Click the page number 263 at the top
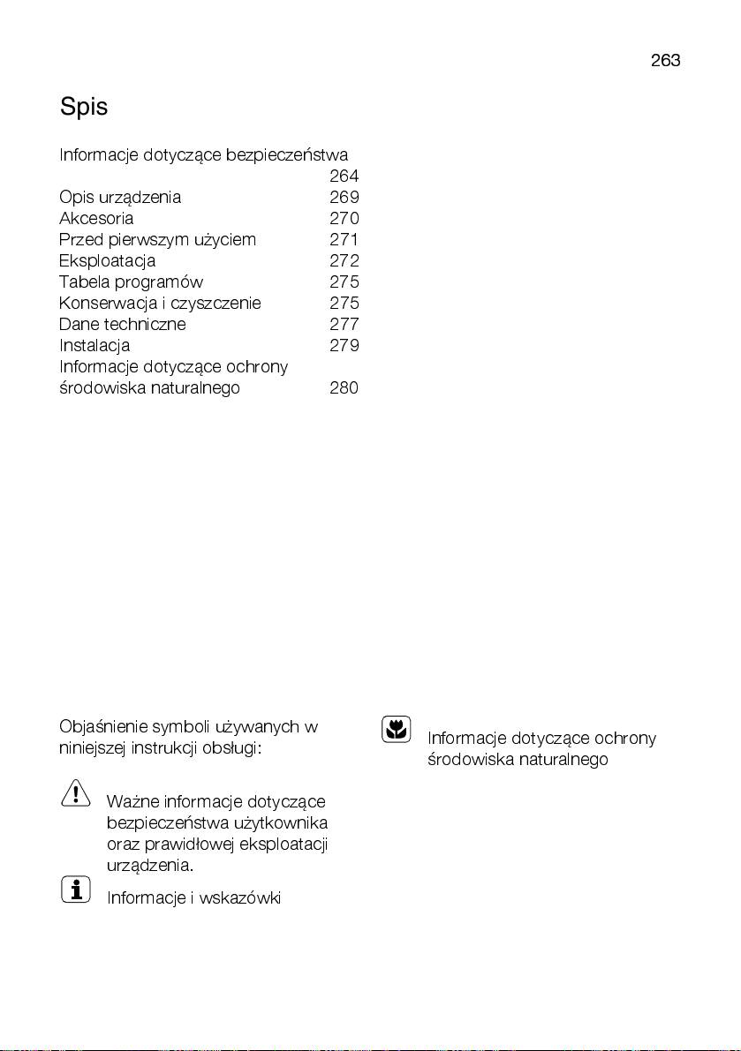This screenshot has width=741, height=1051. (665, 61)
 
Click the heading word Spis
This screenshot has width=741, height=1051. (84, 108)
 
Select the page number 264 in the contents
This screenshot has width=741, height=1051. (344, 176)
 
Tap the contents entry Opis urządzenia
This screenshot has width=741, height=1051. (120, 198)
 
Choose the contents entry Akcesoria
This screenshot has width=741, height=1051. (96, 219)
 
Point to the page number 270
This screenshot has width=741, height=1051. (344, 219)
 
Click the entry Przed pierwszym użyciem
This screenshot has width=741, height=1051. (157, 240)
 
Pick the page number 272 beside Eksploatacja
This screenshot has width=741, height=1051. (344, 261)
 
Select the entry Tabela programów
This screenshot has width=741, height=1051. (131, 282)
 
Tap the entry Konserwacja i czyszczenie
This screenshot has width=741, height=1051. (160, 304)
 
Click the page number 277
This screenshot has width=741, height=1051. (344, 325)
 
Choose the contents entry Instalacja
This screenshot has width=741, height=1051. (95, 346)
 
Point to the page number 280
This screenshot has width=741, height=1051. (344, 388)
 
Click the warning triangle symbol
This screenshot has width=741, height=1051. (76, 792)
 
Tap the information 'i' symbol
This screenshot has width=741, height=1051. (76, 889)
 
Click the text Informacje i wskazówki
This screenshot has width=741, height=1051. (193, 898)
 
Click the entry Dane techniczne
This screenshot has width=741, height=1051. (123, 325)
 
